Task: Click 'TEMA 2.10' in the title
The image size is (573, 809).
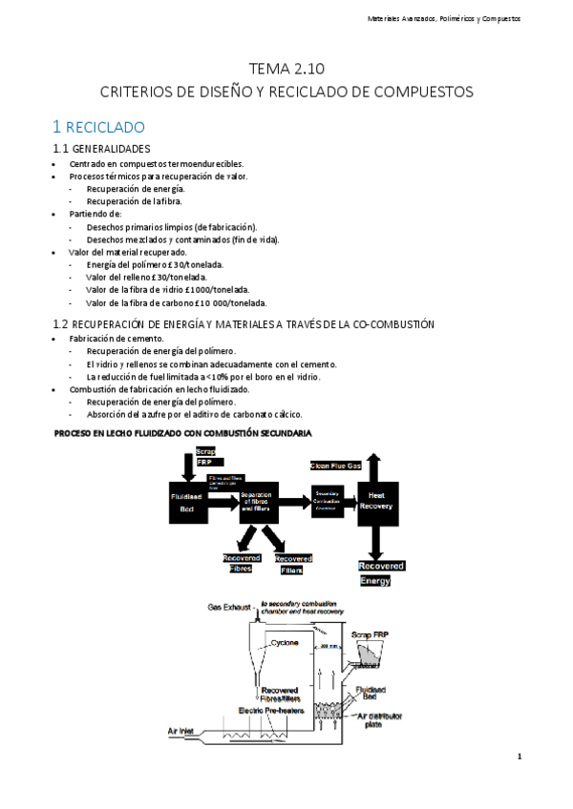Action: coord(286,70)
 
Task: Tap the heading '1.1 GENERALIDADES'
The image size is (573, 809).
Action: coord(101,149)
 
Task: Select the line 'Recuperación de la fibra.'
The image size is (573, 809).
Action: coord(134,201)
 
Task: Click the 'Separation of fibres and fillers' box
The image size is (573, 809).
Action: coord(256,500)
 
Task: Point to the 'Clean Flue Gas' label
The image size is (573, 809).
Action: coord(336,466)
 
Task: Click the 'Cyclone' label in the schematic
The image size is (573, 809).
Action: coord(284,643)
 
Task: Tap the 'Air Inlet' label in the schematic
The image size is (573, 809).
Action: coord(186,732)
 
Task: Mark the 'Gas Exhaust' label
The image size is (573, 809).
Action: coord(229,607)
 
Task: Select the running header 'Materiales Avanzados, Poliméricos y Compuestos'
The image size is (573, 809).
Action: coord(445,19)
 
